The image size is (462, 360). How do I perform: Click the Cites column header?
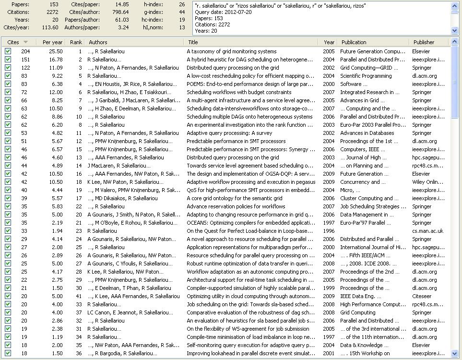14,42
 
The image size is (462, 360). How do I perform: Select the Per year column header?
52,42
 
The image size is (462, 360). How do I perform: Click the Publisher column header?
424,42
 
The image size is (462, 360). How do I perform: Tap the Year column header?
329,42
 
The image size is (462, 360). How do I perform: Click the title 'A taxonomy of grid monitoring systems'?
231,51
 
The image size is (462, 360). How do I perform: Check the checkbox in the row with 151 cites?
8,60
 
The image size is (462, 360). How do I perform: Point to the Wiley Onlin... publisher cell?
430,182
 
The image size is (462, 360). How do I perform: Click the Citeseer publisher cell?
422,296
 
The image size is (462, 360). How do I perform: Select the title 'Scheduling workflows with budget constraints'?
232,92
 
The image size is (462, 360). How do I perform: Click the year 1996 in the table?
329,231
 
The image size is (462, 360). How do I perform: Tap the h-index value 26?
181,4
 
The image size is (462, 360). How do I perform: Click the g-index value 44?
181,12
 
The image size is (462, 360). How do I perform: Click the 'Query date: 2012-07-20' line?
223,12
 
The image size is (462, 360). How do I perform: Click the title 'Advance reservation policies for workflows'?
236,206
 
